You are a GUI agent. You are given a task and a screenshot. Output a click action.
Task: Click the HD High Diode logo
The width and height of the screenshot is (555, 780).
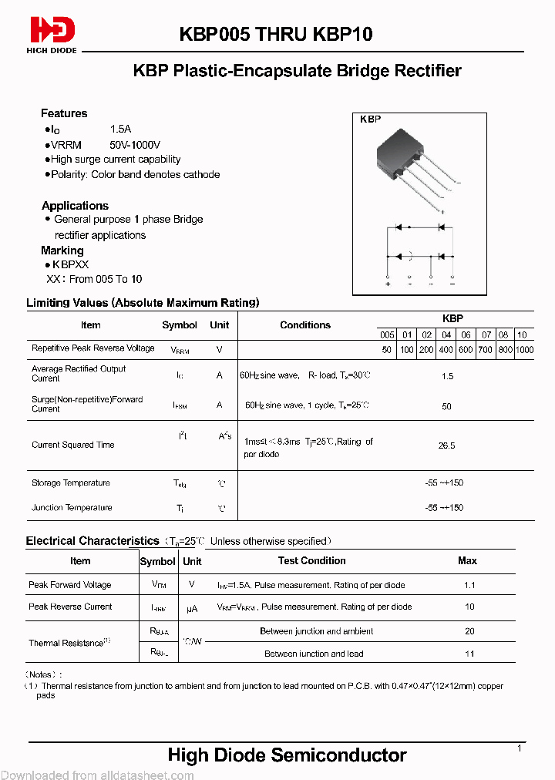click(x=52, y=34)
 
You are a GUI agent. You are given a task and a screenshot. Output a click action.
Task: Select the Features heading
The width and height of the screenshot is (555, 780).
click(x=64, y=113)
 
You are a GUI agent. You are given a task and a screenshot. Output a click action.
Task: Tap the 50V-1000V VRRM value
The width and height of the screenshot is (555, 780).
click(x=136, y=145)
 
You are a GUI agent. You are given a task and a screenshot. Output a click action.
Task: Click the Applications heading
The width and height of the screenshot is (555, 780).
click(x=75, y=206)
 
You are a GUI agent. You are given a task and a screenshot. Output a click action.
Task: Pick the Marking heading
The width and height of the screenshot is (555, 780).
click(x=62, y=250)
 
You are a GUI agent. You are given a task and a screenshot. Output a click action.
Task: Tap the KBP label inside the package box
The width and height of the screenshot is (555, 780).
click(x=371, y=120)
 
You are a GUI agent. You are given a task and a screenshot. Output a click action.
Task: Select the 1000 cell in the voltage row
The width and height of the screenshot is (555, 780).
click(x=524, y=349)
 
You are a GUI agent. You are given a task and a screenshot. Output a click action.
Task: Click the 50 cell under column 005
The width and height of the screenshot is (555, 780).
click(x=387, y=349)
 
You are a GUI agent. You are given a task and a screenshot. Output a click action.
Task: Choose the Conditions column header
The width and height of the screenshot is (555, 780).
click(x=305, y=325)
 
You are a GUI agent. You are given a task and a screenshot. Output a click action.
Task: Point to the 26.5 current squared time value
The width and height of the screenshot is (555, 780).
click(x=446, y=445)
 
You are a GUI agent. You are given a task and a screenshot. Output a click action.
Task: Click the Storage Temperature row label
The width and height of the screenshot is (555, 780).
click(x=71, y=483)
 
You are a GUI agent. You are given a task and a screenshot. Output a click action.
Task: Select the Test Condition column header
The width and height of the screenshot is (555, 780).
click(x=311, y=561)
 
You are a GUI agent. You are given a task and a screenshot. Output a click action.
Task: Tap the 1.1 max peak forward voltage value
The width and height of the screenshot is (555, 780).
click(x=469, y=585)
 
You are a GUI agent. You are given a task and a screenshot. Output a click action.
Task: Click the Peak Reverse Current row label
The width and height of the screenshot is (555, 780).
click(x=70, y=607)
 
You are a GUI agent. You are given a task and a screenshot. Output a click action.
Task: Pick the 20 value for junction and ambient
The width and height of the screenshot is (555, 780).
click(x=469, y=631)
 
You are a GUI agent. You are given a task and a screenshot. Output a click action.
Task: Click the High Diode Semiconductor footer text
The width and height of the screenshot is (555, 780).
click(x=287, y=755)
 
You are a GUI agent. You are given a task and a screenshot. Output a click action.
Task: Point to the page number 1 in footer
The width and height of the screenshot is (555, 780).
click(x=520, y=748)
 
